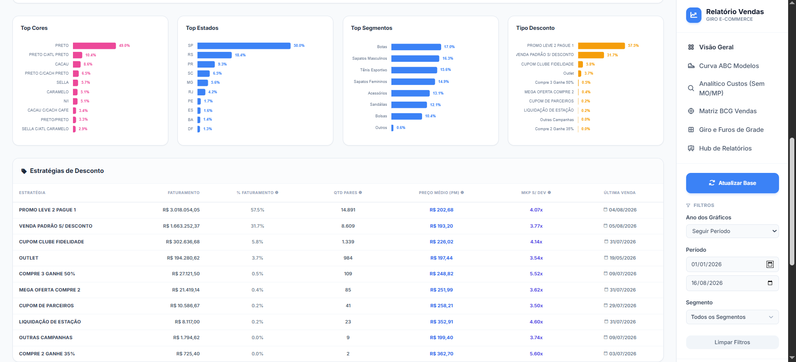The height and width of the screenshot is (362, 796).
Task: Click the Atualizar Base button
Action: click(x=732, y=183)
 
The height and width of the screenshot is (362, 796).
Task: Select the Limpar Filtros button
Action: click(x=732, y=342)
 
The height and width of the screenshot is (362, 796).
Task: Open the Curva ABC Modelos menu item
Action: click(x=728, y=66)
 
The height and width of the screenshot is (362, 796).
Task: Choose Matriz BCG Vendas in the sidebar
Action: click(x=728, y=111)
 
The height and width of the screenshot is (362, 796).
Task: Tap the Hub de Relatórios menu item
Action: click(x=725, y=148)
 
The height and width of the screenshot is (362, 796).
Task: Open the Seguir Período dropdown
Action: click(x=732, y=231)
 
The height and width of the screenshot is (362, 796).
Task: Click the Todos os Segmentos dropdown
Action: click(x=732, y=317)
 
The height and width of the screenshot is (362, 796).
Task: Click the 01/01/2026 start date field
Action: click(x=732, y=264)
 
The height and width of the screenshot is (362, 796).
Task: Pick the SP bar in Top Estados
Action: click(x=244, y=46)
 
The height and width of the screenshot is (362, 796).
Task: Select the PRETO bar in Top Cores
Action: click(x=95, y=46)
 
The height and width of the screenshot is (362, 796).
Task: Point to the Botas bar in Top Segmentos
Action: click(x=416, y=47)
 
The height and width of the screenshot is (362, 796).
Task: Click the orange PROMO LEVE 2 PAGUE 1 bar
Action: click(x=601, y=46)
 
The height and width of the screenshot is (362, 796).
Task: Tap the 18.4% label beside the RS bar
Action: click(x=240, y=55)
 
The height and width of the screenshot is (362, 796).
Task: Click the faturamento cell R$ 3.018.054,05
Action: click(x=181, y=210)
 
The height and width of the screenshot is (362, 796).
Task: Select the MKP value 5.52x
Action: click(x=536, y=274)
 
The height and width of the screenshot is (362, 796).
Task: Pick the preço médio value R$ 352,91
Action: click(x=442, y=322)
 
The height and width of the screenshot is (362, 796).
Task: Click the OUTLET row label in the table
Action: click(x=29, y=258)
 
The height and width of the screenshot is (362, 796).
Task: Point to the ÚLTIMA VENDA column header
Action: click(x=619, y=193)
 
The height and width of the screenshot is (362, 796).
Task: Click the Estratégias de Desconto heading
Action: click(x=67, y=171)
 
